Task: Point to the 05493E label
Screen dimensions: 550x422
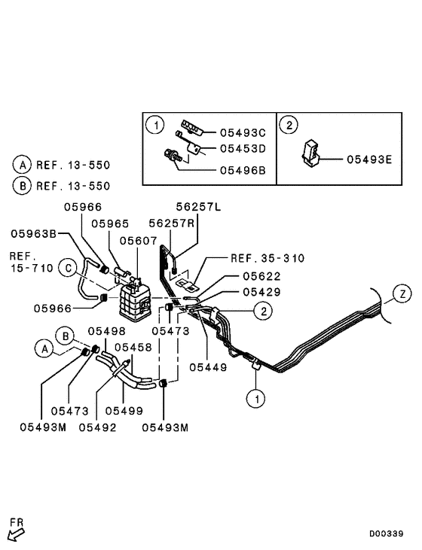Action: pos(370,159)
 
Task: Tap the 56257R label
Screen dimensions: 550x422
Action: pos(173,223)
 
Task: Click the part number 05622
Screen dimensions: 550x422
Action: pos(261,276)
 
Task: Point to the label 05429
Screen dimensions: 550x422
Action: pos(261,292)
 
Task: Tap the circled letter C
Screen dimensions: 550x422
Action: pos(68,268)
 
